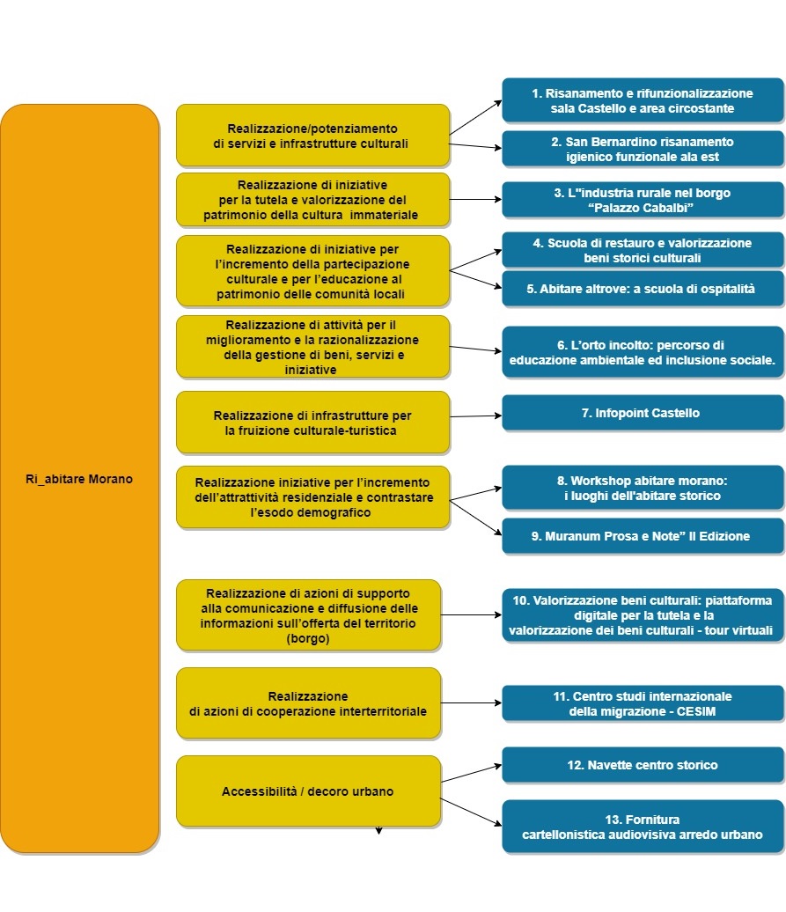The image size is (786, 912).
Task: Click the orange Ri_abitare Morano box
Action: click(79, 479)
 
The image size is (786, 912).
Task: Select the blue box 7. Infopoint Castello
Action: click(642, 413)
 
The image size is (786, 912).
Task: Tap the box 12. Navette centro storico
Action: click(642, 765)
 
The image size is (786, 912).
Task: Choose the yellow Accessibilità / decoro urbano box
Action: click(307, 791)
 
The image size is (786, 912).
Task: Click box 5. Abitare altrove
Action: click(642, 289)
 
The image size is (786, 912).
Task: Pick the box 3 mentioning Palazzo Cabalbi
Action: click(642, 200)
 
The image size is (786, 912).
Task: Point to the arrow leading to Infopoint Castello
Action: click(475, 416)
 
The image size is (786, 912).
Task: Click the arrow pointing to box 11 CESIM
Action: click(471, 703)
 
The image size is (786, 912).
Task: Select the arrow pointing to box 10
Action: click(471, 615)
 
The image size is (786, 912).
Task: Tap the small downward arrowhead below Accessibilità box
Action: click(379, 829)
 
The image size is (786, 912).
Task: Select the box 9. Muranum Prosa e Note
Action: click(642, 536)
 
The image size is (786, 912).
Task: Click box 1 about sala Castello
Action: click(642, 100)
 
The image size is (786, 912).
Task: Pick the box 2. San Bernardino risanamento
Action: click(642, 149)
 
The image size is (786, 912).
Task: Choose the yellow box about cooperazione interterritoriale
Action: click(307, 702)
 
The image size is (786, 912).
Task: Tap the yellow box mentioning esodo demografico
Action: click(312, 497)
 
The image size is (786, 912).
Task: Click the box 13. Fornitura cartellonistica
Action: click(642, 826)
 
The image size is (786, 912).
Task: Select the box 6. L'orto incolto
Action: click(642, 352)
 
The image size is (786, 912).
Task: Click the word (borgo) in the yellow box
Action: click(307, 639)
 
